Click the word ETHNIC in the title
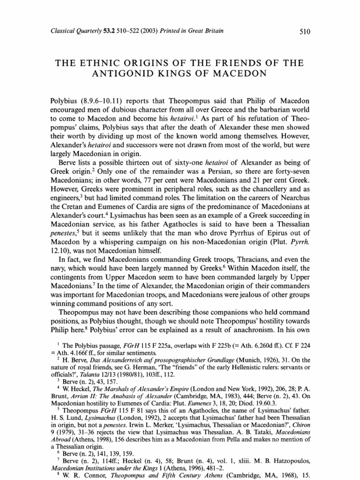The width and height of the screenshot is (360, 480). (x=110, y=63)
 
